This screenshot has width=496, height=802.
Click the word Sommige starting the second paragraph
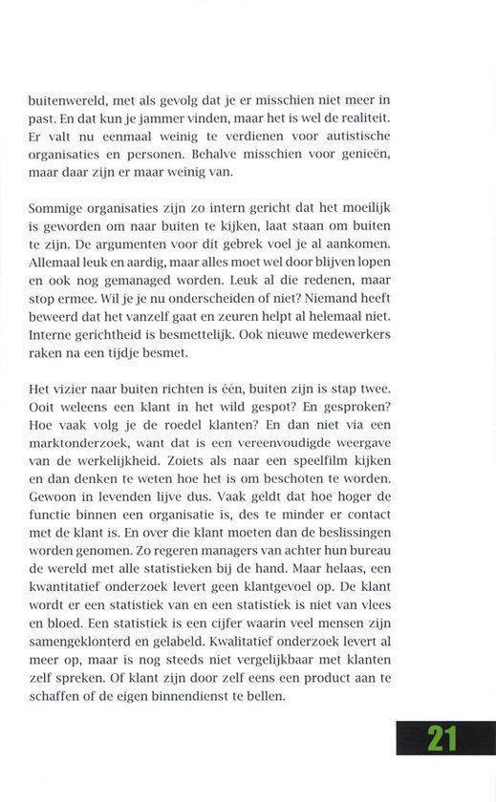point(58,207)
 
